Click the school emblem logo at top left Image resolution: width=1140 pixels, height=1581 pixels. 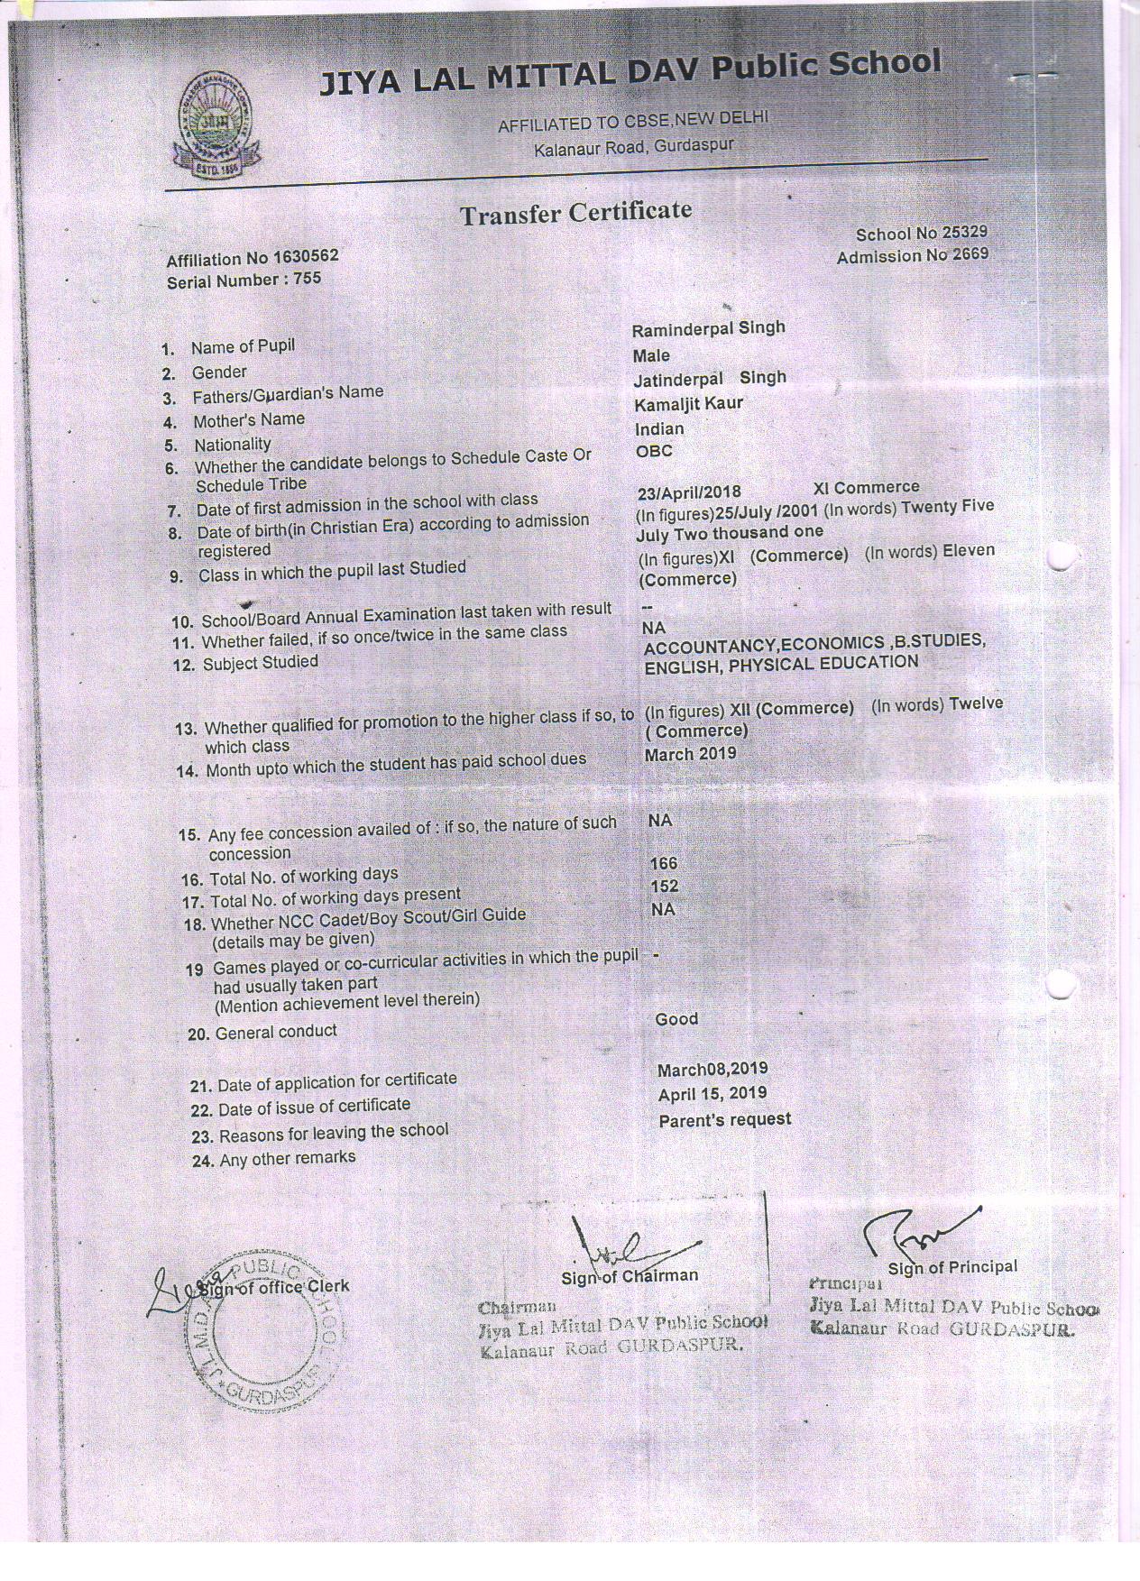[x=211, y=125]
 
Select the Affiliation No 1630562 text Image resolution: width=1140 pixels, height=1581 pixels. [x=253, y=258]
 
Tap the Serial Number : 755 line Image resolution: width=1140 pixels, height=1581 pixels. [x=244, y=280]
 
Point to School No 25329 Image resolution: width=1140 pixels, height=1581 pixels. [x=921, y=234]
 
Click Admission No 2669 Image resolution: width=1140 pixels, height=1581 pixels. [x=912, y=256]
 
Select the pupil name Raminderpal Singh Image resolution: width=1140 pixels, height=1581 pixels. [x=708, y=329]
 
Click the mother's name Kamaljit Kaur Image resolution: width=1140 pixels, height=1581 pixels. [x=688, y=404]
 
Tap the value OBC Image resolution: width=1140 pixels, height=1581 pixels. [x=654, y=451]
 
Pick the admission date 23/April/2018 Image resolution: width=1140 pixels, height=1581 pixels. [x=689, y=492]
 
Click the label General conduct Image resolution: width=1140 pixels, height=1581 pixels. [x=275, y=1032]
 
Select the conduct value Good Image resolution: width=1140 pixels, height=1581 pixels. [x=676, y=1019]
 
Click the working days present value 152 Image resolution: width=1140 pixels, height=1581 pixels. [x=664, y=887]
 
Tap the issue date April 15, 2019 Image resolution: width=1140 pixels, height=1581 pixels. [x=712, y=1093]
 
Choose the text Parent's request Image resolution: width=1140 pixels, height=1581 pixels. [x=724, y=1120]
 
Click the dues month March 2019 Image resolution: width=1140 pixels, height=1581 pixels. [x=690, y=754]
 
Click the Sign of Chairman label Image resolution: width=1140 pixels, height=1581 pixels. [x=629, y=1276]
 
